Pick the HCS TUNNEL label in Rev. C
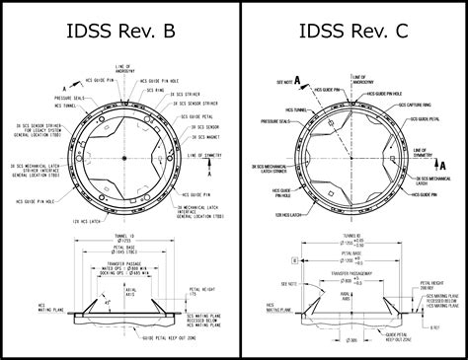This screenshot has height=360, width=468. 296,110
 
